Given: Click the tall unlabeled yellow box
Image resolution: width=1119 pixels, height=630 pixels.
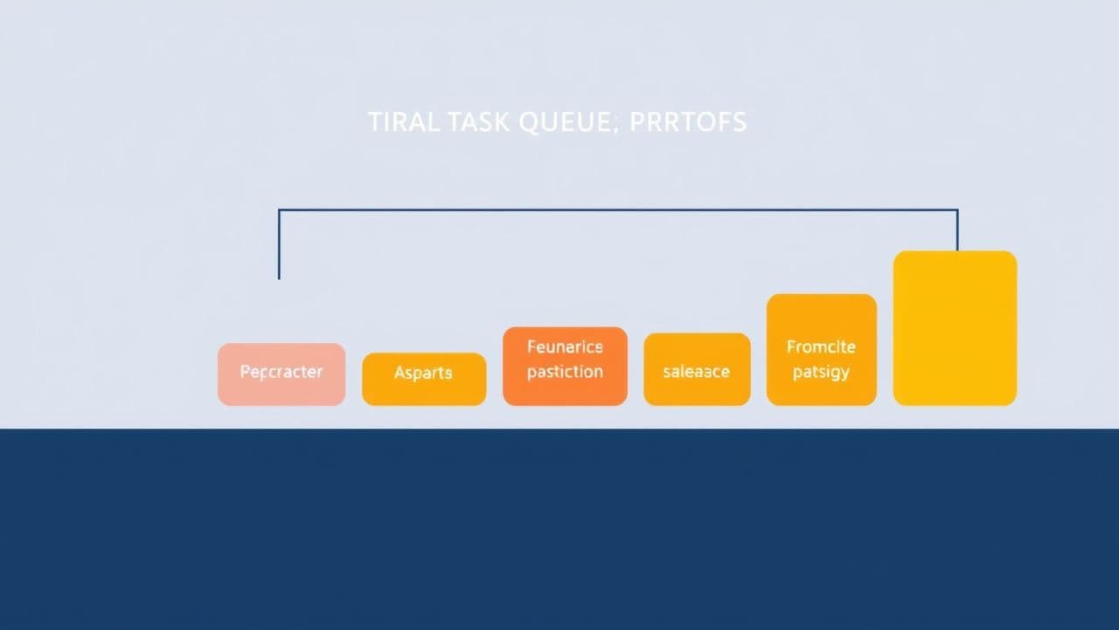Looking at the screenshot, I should pos(955,328).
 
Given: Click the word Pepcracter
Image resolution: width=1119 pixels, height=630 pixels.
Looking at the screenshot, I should pos(281,372).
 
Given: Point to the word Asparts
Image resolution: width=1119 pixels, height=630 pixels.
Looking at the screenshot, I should pos(423,373).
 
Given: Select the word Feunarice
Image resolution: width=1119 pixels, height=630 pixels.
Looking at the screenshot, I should pos(565,347).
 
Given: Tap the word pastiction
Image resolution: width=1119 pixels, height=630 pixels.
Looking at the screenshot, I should pos(565,372).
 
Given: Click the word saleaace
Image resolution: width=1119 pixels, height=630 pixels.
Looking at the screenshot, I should pos(696,372).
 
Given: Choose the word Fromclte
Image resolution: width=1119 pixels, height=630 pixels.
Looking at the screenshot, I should pos(821,347).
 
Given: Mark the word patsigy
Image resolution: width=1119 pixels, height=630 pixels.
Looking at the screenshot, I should pos(821,373).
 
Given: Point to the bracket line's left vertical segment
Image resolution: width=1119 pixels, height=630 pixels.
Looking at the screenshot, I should pos(279,245).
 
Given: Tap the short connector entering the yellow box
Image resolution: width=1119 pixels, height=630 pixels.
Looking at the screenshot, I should pos(957,231).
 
